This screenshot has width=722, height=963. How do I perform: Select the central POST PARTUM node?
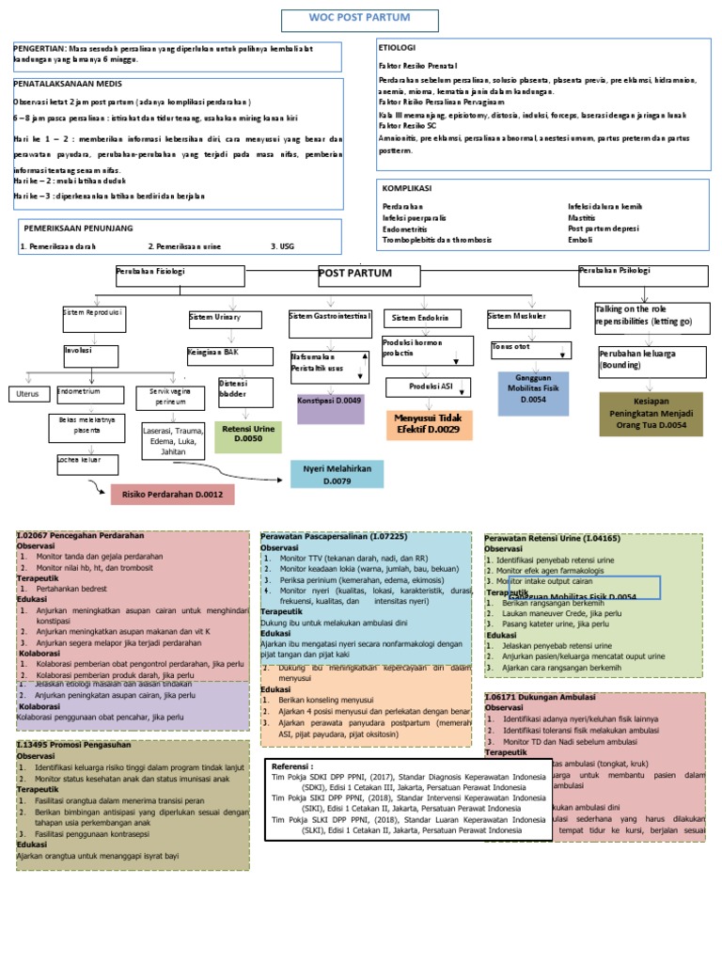pyautogui.click(x=354, y=274)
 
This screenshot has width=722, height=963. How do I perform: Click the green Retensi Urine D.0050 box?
pyautogui.click(x=248, y=433)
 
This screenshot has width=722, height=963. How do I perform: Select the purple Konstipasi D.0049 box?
pyautogui.click(x=330, y=406)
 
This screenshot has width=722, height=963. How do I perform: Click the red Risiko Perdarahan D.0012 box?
pyautogui.click(x=172, y=495)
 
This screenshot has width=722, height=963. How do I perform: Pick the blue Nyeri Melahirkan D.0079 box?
pyautogui.click(x=337, y=474)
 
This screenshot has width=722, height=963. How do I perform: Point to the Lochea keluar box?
pyautogui.click(x=86, y=463)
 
